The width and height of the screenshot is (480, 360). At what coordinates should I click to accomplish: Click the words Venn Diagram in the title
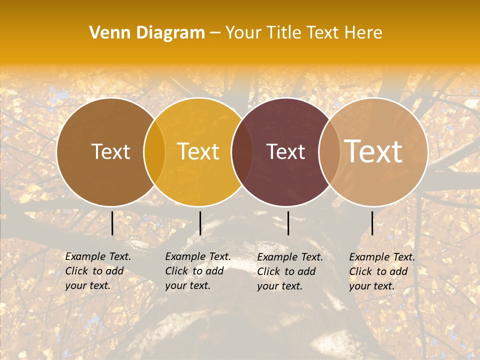pyautogui.click(x=147, y=33)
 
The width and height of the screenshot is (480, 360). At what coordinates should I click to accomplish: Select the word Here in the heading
pyautogui.click(x=363, y=33)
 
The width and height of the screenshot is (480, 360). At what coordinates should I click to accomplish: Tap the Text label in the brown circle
pyautogui.click(x=110, y=152)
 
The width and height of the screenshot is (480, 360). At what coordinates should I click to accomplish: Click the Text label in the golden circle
pyautogui.click(x=198, y=152)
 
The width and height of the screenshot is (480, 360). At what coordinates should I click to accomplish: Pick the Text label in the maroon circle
pyautogui.click(x=285, y=152)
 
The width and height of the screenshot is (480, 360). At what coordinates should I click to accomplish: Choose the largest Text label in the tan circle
pyautogui.click(x=373, y=152)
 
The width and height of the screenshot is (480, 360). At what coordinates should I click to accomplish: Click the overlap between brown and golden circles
pyautogui.click(x=154, y=152)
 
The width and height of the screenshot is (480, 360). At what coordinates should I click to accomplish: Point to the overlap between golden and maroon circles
pyautogui.click(x=242, y=152)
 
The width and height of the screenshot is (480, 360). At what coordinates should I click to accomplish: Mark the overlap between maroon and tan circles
pyautogui.click(x=329, y=152)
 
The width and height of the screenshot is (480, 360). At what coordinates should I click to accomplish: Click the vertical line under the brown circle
pyautogui.click(x=112, y=223)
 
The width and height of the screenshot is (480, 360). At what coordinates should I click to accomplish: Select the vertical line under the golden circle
pyautogui.click(x=200, y=223)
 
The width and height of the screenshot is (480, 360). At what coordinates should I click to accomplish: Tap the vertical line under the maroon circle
pyautogui.click(x=288, y=223)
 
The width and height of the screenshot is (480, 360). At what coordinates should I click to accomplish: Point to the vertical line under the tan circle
pyautogui.click(x=372, y=223)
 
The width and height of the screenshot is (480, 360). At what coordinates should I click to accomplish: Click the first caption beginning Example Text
pyautogui.click(x=98, y=271)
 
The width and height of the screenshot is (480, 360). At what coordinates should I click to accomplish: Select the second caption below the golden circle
pyautogui.click(x=198, y=271)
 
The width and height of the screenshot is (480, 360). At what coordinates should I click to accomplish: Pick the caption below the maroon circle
pyautogui.click(x=290, y=271)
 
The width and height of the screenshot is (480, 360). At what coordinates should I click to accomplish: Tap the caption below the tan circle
pyautogui.click(x=382, y=271)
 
